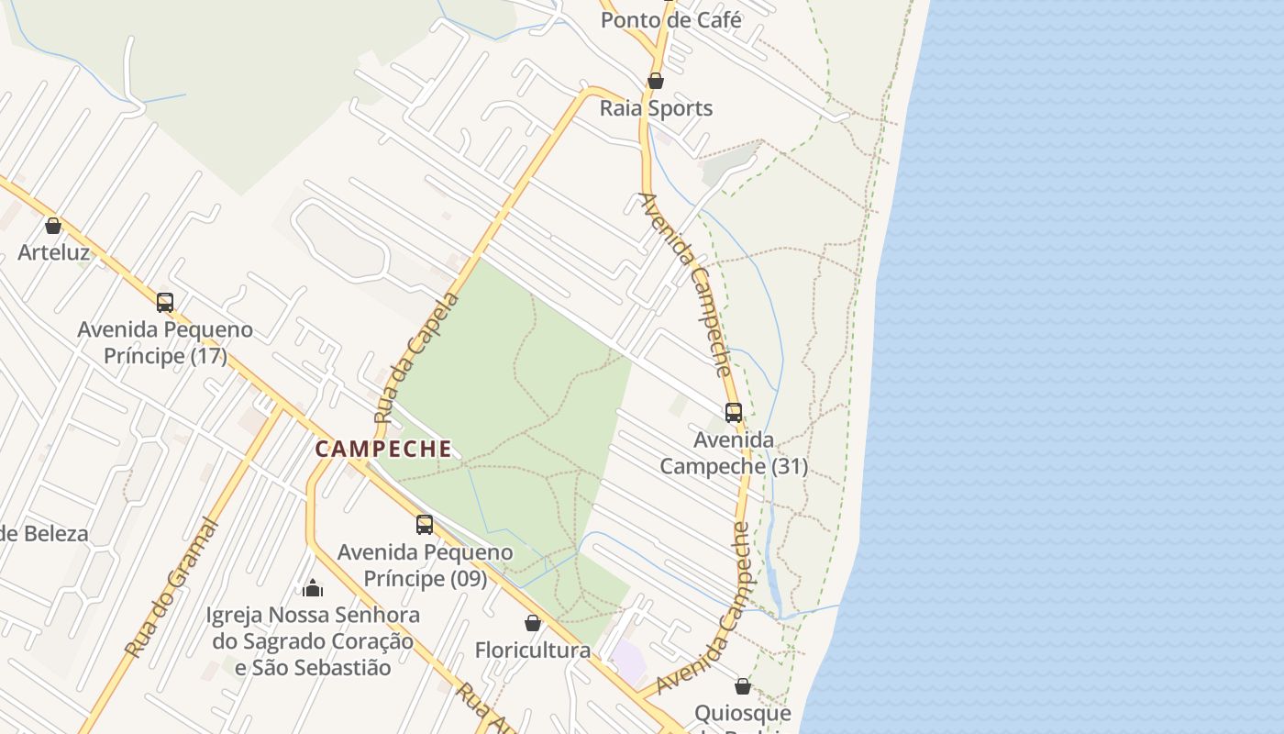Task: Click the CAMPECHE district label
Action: pos(383,449)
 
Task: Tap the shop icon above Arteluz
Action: pos(53,225)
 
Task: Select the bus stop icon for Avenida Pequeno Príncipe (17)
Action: pos(165,302)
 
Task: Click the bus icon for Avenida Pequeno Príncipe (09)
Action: pos(424,524)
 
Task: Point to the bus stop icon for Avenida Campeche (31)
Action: pos(734,412)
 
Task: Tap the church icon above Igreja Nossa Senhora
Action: pos(313,587)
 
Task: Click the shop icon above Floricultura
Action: pos(533,623)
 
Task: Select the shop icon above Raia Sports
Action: pos(656,81)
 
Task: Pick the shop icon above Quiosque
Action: pos(743,686)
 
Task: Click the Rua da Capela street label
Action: pos(417,359)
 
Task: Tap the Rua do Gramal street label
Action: pos(172,588)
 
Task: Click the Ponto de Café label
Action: pos(671,19)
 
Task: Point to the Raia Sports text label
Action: pos(656,108)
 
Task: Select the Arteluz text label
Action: pos(54,252)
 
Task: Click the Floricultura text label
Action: pos(533,651)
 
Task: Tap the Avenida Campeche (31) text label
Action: pos(734,453)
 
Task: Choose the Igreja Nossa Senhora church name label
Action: pos(313,640)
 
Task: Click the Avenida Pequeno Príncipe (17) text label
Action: pos(165,342)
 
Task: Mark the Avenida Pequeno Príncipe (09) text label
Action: pos(426,565)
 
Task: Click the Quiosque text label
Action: pos(743,714)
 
